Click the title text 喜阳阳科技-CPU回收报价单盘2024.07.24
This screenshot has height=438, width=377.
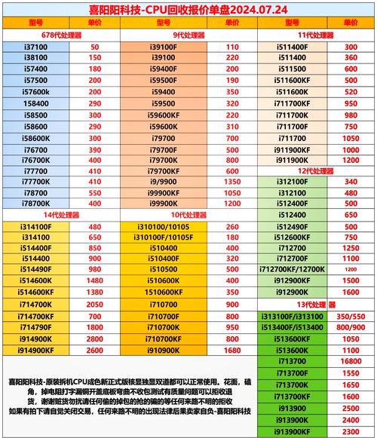pyautogui.click(x=188, y=10)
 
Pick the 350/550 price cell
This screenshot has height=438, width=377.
pyautogui.click(x=351, y=316)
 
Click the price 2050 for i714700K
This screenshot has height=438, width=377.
pyautogui.click(x=95, y=304)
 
